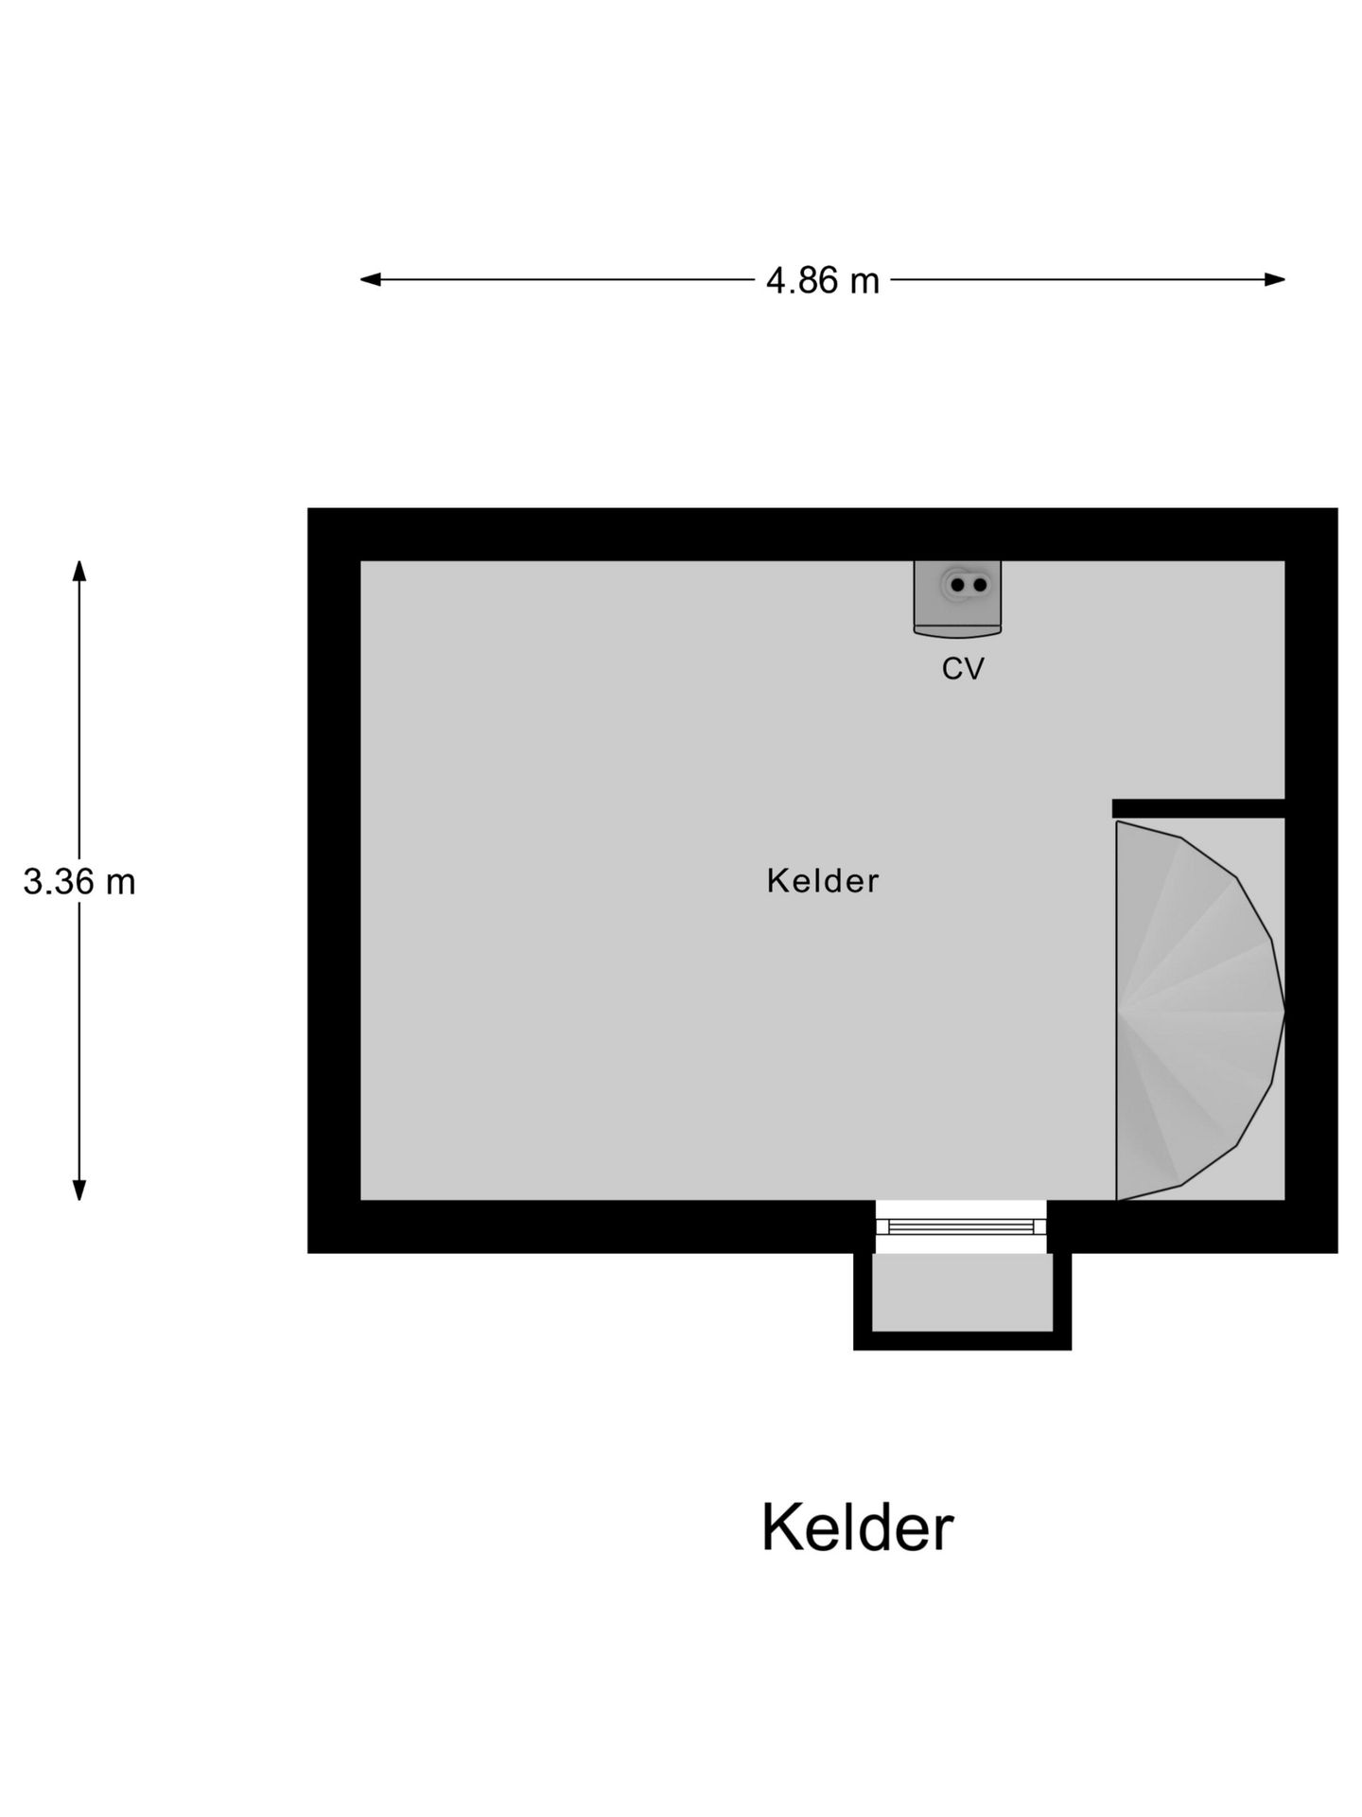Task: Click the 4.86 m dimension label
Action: coord(822,281)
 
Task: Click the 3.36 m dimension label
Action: coord(79,882)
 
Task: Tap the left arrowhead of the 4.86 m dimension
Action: coord(371,279)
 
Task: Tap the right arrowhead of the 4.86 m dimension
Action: coord(1275,279)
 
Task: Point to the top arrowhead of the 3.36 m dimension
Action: coord(79,571)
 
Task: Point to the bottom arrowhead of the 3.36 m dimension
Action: coord(79,1191)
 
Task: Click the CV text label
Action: coord(963,669)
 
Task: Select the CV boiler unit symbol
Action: coord(957,598)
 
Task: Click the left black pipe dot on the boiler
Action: coord(957,585)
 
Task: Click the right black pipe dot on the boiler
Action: coord(980,585)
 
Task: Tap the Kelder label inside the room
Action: coord(823,881)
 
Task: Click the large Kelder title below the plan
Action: coord(858,1527)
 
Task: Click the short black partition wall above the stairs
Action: coord(1198,808)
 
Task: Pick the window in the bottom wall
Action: coord(961,1226)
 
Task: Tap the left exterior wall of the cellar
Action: coord(334,880)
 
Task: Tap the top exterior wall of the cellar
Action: coord(823,535)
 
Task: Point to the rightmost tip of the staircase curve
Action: coord(1283,1011)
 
